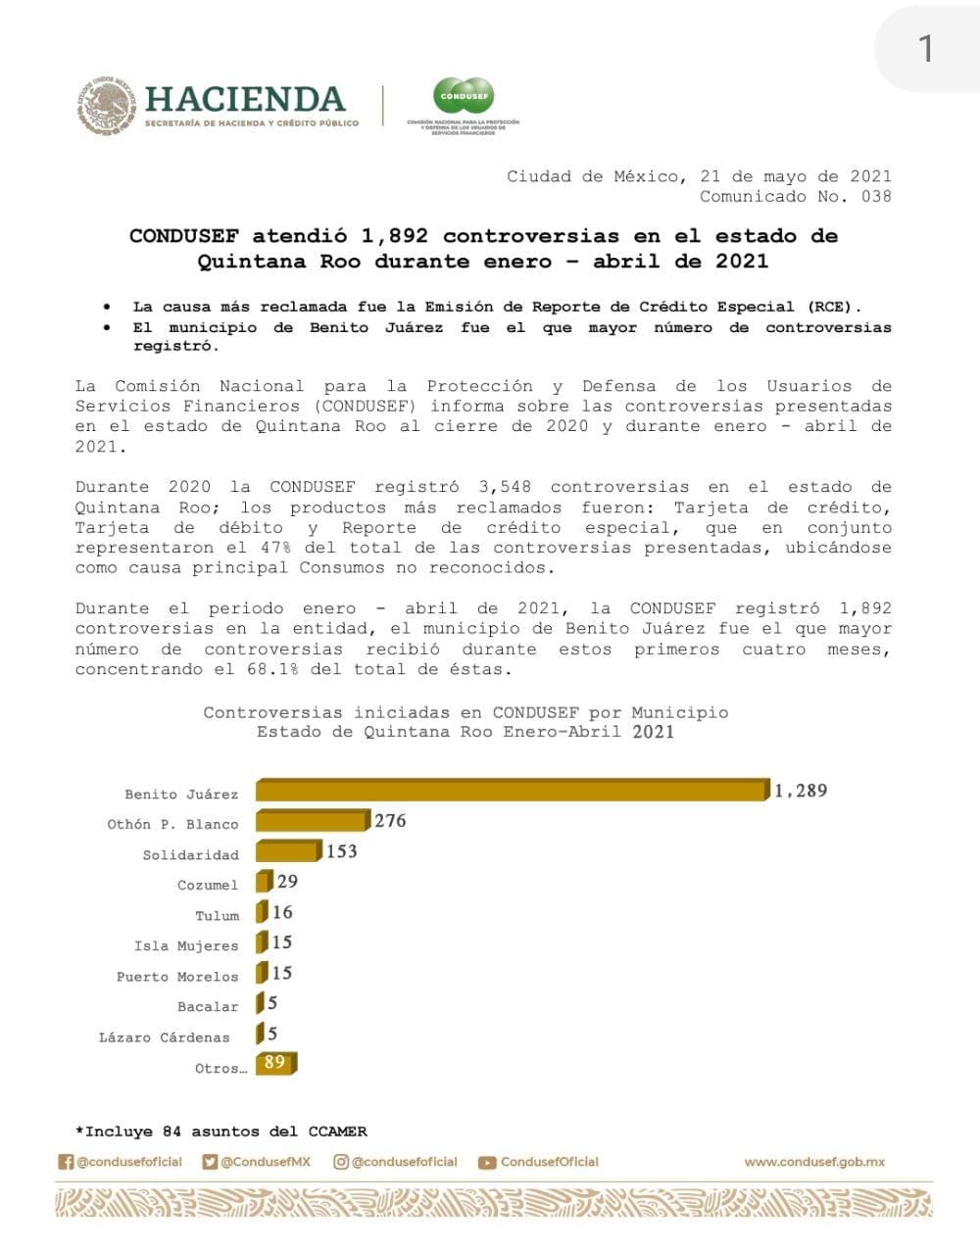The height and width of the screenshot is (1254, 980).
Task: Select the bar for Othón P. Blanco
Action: [312, 821]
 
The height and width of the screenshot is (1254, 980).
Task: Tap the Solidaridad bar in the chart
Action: [288, 851]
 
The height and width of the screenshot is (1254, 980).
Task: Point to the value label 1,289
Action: [801, 791]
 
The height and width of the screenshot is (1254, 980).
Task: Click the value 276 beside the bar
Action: [390, 821]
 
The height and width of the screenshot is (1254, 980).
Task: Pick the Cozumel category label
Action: [208, 885]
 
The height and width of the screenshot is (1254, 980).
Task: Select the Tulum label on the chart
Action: [217, 915]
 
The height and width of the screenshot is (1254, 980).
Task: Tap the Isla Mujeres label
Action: [186, 945]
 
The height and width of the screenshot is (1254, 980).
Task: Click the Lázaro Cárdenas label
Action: [165, 1037]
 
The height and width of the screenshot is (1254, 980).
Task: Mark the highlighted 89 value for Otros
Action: [274, 1062]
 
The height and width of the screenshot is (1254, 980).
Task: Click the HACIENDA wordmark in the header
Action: [245, 99]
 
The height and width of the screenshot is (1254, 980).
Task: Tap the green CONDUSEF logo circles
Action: [464, 96]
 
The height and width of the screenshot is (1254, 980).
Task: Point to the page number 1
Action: [925, 48]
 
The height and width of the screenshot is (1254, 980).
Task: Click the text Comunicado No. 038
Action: [795, 196]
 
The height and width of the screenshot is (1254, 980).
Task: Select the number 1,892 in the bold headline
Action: [395, 236]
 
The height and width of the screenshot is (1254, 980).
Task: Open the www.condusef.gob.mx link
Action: [814, 1162]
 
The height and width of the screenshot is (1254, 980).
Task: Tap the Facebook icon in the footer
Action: [66, 1162]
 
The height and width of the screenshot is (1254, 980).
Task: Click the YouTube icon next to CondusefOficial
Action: [486, 1163]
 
